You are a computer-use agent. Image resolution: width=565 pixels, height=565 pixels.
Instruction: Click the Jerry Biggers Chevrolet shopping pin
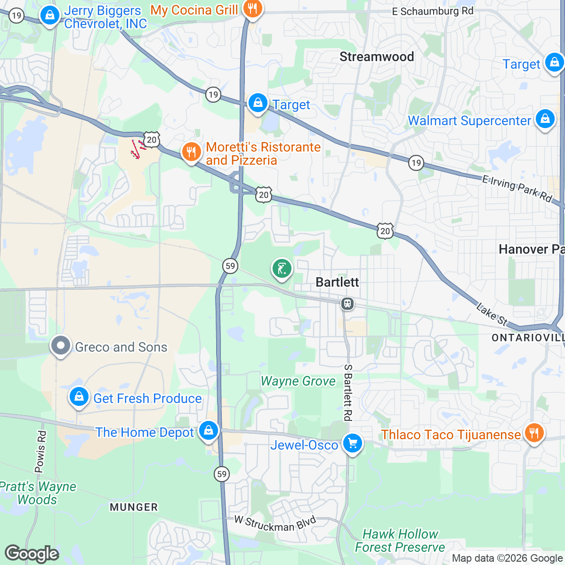point(49,15)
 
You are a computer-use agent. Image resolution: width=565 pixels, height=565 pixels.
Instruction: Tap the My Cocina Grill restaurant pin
point(253,8)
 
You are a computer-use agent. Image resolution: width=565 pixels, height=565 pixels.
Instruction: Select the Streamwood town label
point(377,57)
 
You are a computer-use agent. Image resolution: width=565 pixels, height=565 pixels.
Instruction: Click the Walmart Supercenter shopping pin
point(545,119)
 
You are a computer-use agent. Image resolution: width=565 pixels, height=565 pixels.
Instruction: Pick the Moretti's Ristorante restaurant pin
point(191,152)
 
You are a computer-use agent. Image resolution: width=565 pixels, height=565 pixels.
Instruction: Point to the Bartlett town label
point(337,282)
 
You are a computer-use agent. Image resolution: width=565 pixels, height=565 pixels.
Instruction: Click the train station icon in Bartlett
point(347,304)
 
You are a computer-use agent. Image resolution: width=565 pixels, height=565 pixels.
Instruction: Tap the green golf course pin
point(282,269)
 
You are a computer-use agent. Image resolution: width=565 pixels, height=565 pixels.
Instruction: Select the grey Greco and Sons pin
point(61,346)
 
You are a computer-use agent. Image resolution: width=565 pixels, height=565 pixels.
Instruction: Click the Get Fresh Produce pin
point(79,397)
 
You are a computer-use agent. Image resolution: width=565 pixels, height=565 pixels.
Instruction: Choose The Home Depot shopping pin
point(208,430)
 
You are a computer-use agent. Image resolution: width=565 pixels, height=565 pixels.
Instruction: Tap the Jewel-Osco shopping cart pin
point(352,443)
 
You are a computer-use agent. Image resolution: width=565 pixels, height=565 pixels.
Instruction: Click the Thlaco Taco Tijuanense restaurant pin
point(533,433)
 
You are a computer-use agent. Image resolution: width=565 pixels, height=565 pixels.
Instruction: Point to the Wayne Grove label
point(298,381)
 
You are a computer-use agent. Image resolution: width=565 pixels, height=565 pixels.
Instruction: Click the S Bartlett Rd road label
point(347,392)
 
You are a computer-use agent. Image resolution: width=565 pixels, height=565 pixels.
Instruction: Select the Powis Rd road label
point(41,451)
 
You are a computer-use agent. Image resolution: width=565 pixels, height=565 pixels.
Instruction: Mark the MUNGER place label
point(134,507)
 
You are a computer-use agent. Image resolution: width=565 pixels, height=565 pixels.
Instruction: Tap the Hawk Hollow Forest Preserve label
point(400,541)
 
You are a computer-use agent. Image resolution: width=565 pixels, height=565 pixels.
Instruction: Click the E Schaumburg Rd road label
point(433,11)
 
